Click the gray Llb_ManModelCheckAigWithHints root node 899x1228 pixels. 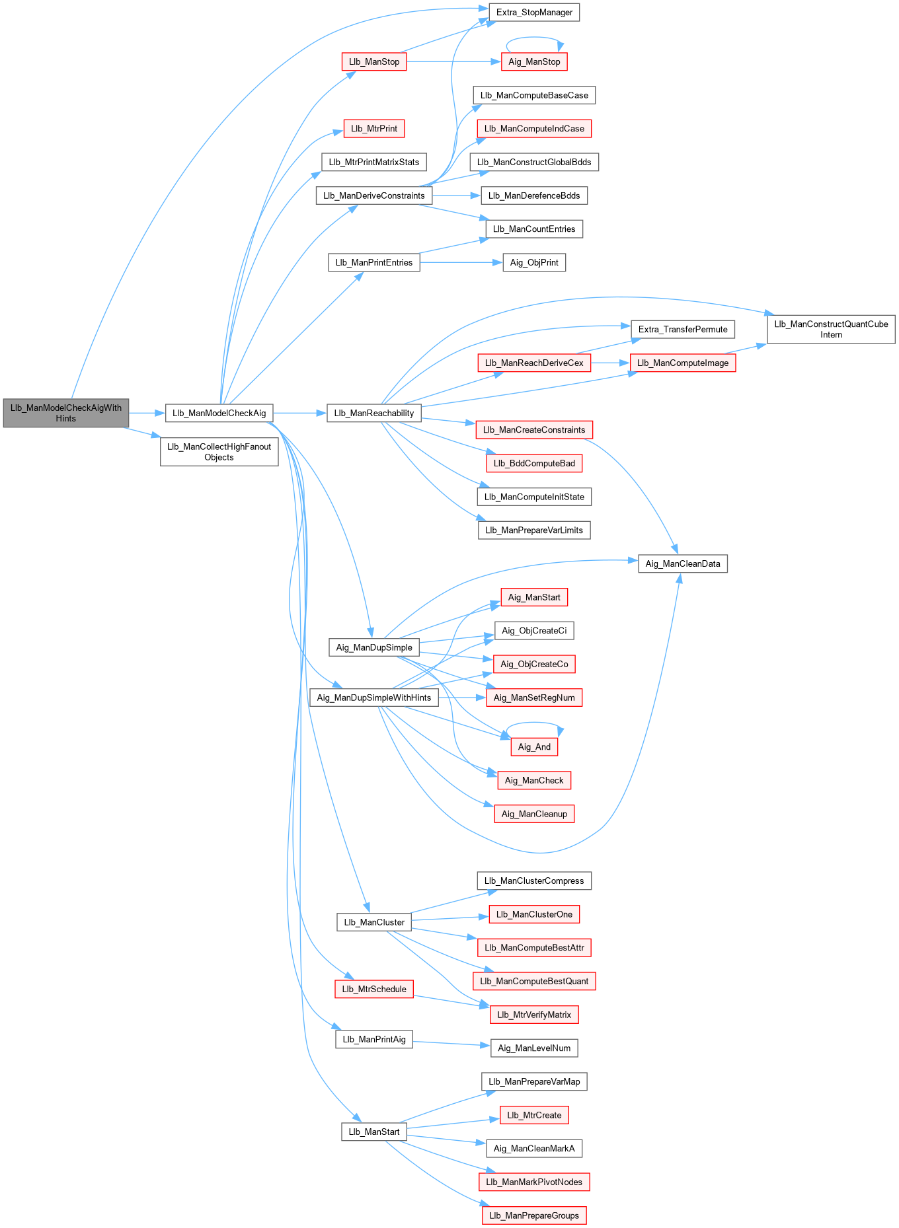(x=65, y=413)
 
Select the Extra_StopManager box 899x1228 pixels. (x=534, y=12)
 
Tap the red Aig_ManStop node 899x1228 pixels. (x=534, y=61)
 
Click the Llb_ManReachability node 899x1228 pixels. (x=373, y=413)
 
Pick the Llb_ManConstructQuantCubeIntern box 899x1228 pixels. (x=831, y=329)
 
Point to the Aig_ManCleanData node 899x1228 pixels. (x=682, y=563)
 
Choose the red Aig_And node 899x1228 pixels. (x=534, y=746)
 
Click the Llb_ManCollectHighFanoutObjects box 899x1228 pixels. (x=219, y=452)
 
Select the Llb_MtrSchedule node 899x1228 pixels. (x=374, y=989)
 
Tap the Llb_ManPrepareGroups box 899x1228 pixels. (x=534, y=1215)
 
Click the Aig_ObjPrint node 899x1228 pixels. (x=534, y=262)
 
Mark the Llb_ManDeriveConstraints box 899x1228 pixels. (x=373, y=196)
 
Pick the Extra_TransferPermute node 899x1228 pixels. (x=682, y=329)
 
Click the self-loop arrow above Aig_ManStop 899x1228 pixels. (x=534, y=38)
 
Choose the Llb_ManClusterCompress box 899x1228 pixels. (x=534, y=881)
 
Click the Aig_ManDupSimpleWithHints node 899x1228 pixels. (x=373, y=698)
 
